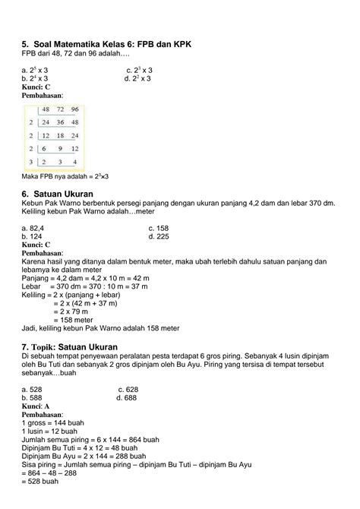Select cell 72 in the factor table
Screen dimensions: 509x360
[55, 110]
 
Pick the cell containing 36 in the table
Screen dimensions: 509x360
[55, 123]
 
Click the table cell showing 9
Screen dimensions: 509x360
[55, 148]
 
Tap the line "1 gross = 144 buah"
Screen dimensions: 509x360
[52, 422]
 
